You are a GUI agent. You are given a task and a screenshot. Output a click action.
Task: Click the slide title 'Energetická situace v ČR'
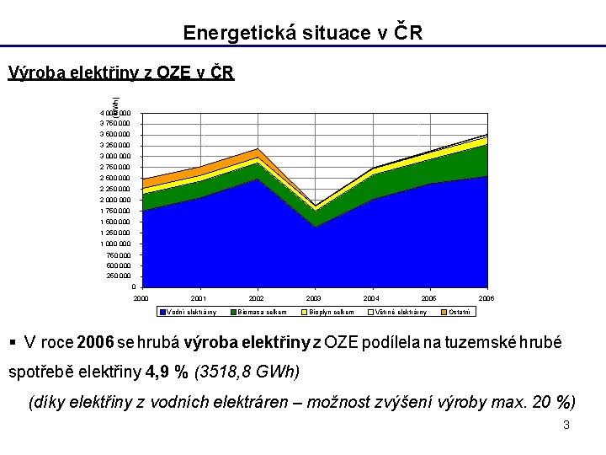(x=303, y=33)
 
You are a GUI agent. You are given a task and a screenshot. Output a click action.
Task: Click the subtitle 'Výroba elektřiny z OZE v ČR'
(x=120, y=72)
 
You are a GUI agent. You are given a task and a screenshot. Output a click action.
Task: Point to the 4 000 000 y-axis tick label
(x=114, y=113)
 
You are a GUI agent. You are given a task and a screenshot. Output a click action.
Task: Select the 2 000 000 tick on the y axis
(x=114, y=201)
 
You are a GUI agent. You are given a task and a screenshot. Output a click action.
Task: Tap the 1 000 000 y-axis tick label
(x=114, y=244)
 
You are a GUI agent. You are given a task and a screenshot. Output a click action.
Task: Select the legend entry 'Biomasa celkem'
(x=262, y=313)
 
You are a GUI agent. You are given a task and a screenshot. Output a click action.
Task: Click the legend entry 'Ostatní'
(x=460, y=313)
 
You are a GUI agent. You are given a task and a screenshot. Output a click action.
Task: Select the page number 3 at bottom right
(x=566, y=425)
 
